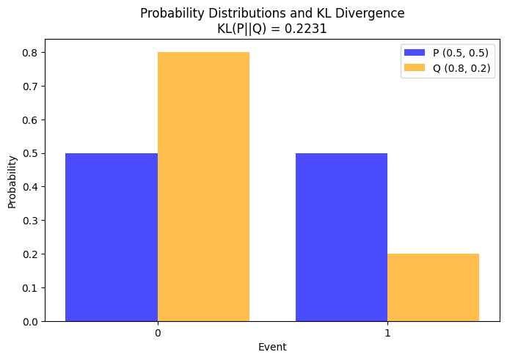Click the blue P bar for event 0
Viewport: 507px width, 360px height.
pyautogui.click(x=112, y=237)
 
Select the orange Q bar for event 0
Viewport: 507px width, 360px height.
pyautogui.click(x=203, y=186)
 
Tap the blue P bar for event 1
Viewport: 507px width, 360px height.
pyautogui.click(x=341, y=237)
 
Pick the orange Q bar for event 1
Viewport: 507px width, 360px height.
pyautogui.click(x=433, y=287)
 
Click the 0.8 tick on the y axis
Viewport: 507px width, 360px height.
pyautogui.click(x=31, y=53)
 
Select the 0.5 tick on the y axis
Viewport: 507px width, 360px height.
pyautogui.click(x=31, y=153)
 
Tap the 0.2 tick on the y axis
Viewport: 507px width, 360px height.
pyautogui.click(x=31, y=254)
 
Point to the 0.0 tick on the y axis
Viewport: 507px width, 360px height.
pyautogui.click(x=31, y=321)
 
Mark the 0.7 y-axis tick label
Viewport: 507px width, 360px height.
pyautogui.click(x=31, y=87)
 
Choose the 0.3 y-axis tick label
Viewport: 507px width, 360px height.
pyautogui.click(x=31, y=221)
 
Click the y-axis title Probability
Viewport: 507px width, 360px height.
pyautogui.click(x=12, y=181)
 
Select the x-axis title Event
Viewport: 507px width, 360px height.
pyautogui.click(x=272, y=347)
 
